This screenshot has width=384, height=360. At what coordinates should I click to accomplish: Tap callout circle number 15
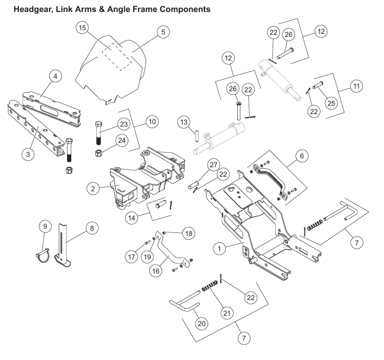[82, 28]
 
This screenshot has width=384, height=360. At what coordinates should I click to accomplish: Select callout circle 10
[151, 121]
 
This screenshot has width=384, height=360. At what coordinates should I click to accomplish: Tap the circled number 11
[355, 86]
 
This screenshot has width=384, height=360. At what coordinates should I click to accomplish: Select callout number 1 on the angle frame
[221, 250]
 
